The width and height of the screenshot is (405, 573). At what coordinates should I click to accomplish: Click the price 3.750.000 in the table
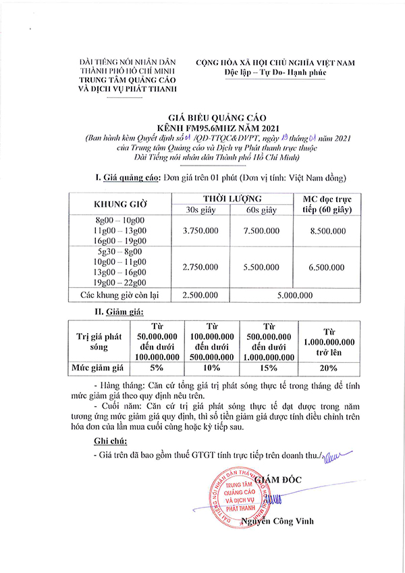point(200,231)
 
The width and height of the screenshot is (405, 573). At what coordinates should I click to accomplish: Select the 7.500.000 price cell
point(262,231)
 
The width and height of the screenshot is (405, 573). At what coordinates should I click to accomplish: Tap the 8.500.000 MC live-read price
point(327,231)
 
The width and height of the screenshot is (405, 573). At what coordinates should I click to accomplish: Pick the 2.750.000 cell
point(200,268)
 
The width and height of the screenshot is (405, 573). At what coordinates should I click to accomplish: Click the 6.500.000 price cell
point(327,268)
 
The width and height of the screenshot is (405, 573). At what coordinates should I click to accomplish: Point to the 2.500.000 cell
point(200,295)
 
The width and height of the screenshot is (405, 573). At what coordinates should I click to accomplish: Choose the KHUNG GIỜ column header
point(120,203)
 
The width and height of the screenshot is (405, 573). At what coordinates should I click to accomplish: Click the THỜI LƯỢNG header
point(232,198)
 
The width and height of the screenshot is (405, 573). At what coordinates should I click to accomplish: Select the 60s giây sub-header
point(262,211)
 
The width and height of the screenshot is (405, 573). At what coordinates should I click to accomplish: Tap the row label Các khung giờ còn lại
point(120,295)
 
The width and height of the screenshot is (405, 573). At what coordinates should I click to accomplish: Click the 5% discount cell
point(157,368)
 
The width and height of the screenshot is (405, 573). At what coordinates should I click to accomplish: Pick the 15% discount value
point(269,368)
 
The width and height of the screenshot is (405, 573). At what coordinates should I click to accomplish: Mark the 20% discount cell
point(329,368)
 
